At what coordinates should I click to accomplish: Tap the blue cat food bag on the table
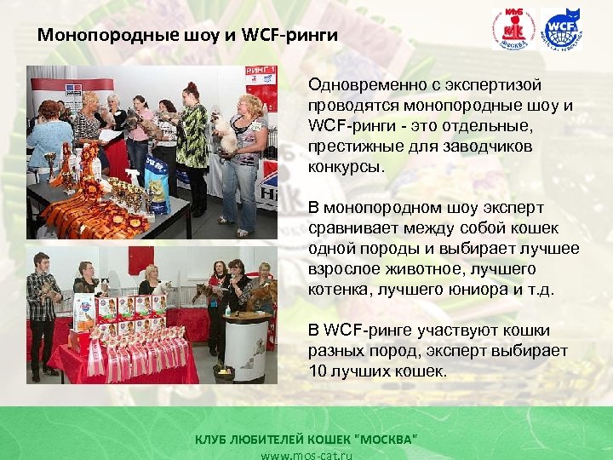(x=157, y=189)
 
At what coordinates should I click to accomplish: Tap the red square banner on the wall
(x=140, y=260)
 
